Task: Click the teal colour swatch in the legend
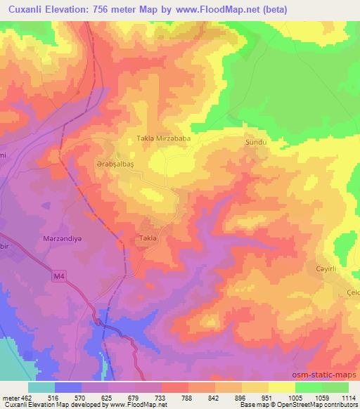pyautogui.click(x=41, y=387)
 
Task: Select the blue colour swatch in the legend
pyautogui.click(x=68, y=387)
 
